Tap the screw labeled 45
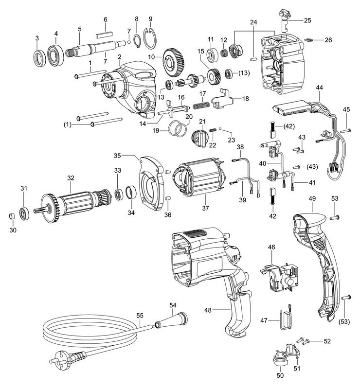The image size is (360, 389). pyautogui.click(x=345, y=130)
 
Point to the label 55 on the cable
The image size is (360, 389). pyautogui.click(x=140, y=315)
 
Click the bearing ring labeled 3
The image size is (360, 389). pyautogui.click(x=37, y=58)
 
